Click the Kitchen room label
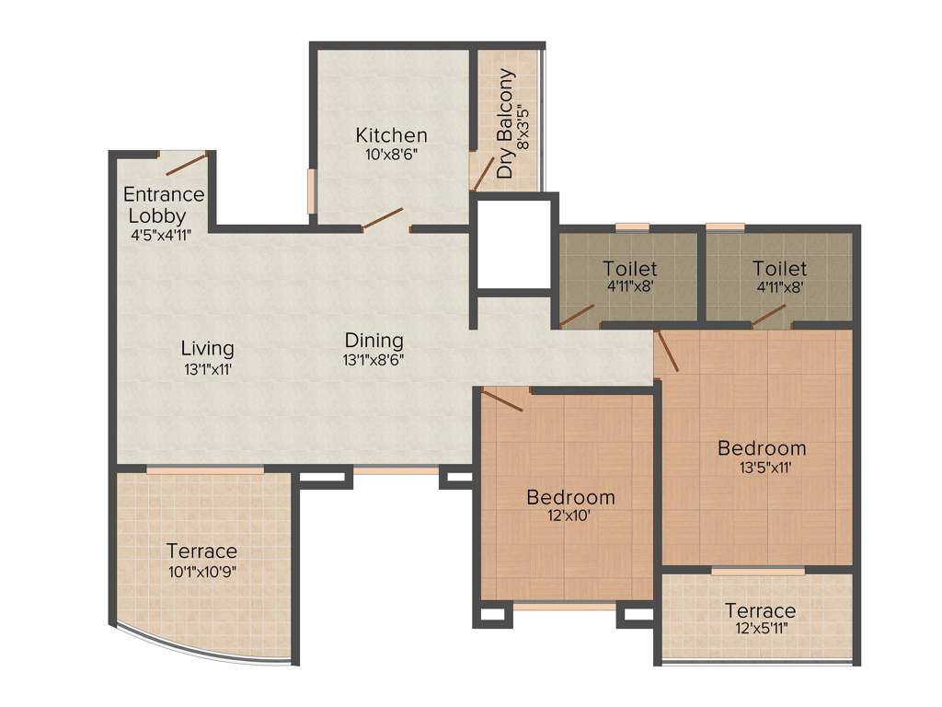(391, 135)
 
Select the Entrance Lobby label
(164, 204)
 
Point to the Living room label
(207, 348)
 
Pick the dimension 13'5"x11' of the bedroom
(761, 468)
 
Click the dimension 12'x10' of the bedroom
(570, 516)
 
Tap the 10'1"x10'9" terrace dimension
(201, 571)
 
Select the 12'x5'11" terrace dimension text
(760, 630)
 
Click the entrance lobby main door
(185, 164)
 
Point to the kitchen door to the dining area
(382, 219)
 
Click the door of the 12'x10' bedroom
(502, 400)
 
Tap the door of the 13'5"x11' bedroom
(668, 351)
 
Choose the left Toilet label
(630, 269)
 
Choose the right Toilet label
(779, 269)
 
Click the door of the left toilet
(577, 316)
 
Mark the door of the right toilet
(770, 315)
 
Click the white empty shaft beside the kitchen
(515, 243)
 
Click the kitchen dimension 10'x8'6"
(391, 154)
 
